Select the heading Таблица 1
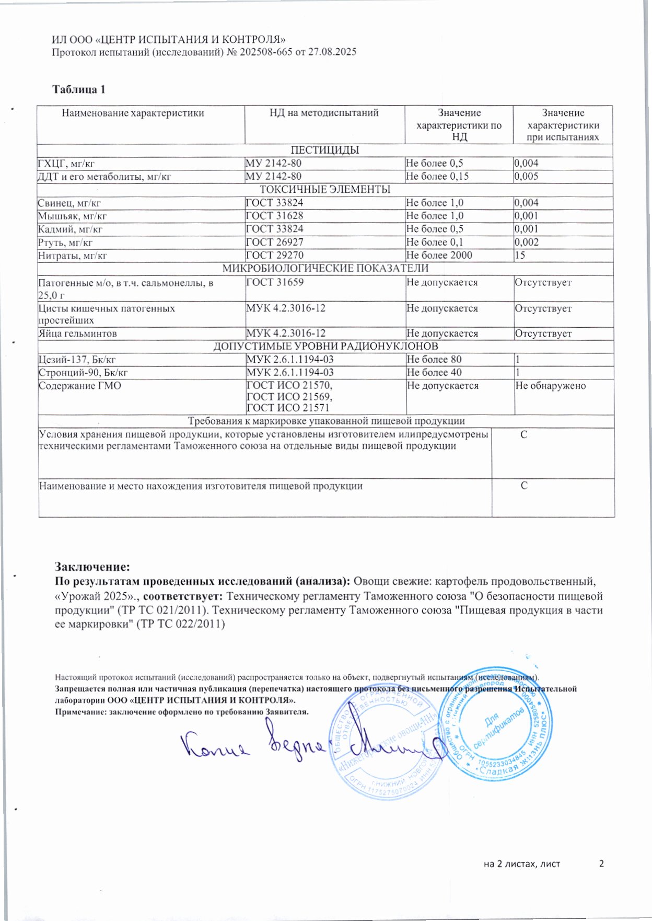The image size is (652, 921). point(79,89)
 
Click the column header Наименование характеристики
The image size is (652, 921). point(133,113)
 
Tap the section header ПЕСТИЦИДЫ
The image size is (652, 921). point(324,150)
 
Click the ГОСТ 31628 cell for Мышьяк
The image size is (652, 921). point(274,216)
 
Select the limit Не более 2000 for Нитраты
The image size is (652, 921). point(439,255)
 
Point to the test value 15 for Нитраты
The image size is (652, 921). point(520,255)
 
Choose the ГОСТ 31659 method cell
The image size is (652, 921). point(274,282)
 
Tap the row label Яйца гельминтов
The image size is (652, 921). point(77,333)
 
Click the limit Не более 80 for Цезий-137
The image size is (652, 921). point(434,359)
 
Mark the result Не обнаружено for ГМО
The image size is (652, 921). point(550,386)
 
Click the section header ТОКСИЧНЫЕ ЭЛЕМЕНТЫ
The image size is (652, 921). point(325,189)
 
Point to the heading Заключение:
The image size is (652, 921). point(92,567)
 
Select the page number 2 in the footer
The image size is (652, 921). point(601,864)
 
